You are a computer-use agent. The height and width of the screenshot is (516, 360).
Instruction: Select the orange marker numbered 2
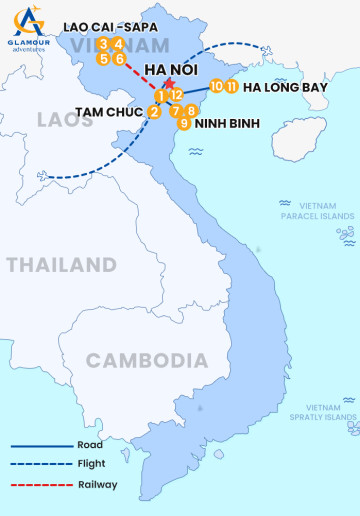(153, 112)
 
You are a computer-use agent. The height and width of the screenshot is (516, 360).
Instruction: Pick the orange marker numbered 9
(184, 123)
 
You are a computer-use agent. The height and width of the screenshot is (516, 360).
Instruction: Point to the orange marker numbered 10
(217, 87)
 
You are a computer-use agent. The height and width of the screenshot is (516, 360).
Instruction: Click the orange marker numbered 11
(232, 87)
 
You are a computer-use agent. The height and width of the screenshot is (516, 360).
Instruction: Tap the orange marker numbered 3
(104, 44)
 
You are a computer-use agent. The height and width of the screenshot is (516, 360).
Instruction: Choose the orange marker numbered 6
(119, 59)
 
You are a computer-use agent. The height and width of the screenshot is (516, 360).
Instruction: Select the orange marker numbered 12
(176, 95)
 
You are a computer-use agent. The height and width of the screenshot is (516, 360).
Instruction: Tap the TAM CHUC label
(108, 112)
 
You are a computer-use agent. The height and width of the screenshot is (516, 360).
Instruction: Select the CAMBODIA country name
(147, 361)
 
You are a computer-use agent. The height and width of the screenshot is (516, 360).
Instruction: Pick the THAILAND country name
(61, 265)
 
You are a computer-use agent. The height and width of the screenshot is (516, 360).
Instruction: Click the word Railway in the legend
(97, 484)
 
